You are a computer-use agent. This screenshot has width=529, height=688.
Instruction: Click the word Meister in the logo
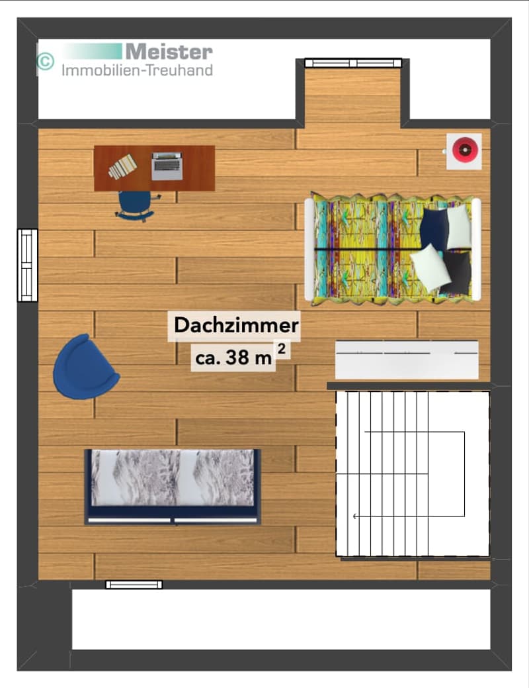[169, 52]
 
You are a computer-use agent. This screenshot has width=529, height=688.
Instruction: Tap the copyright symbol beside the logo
[45, 61]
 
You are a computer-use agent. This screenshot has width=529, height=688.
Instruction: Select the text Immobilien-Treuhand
[137, 70]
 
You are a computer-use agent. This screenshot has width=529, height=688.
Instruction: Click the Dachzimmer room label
[236, 326]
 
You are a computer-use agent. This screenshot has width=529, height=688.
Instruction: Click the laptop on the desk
[167, 166]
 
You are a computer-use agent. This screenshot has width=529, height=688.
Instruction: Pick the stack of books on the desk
[123, 167]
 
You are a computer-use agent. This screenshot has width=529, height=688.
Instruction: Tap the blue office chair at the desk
[136, 205]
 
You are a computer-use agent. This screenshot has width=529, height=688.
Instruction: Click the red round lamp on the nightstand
[464, 150]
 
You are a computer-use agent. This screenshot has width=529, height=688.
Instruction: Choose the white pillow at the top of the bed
[459, 227]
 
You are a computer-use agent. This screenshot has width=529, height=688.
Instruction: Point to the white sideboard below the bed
[407, 360]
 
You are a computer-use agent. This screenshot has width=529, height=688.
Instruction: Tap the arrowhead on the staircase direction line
[354, 516]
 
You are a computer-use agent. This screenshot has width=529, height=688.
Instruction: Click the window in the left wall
[28, 266]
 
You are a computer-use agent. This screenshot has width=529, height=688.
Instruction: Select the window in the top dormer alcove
[353, 63]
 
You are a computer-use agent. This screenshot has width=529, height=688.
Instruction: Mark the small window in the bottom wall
[134, 585]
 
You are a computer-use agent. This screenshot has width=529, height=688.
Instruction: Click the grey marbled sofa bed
[173, 487]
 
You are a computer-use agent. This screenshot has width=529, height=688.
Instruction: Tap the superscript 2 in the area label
[282, 349]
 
